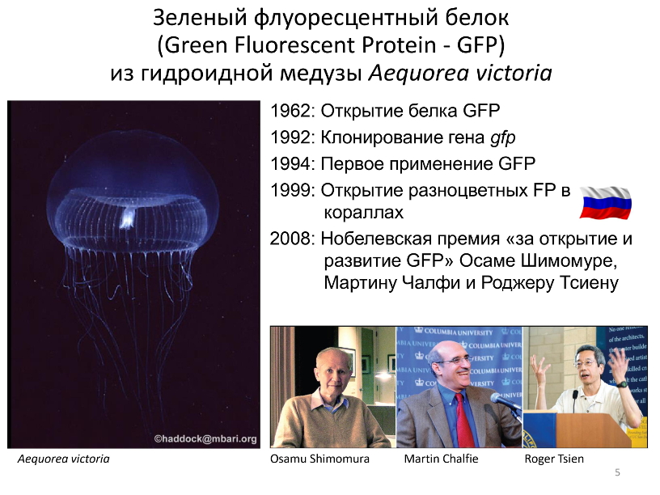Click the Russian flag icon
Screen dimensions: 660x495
click(x=605, y=202)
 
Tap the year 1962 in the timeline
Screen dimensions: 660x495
click(x=290, y=111)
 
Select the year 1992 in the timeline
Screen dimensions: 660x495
click(x=290, y=137)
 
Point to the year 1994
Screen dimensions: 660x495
click(x=290, y=164)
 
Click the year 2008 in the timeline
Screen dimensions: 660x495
click(x=290, y=239)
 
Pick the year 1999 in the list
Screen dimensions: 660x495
click(x=290, y=190)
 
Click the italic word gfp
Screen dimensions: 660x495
click(x=502, y=138)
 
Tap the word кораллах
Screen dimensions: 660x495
click(x=364, y=213)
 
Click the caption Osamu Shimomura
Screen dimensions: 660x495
click(x=319, y=459)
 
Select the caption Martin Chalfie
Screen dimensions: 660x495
click(x=441, y=459)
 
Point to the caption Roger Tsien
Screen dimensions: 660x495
click(x=554, y=459)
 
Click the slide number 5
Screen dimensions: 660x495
click(x=617, y=472)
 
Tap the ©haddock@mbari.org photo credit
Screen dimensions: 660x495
click(x=205, y=439)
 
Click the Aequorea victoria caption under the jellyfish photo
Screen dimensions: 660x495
click(x=64, y=459)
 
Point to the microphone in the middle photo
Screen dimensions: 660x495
click(x=504, y=400)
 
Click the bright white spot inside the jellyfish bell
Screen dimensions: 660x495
click(x=127, y=218)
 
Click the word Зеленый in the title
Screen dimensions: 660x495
click(x=200, y=18)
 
